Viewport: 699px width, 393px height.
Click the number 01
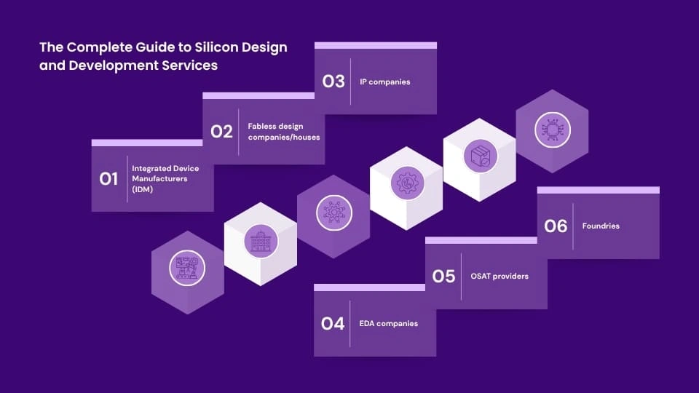(x=108, y=179)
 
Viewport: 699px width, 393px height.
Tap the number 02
(x=221, y=132)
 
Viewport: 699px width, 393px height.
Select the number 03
(x=333, y=81)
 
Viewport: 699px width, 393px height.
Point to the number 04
(x=333, y=323)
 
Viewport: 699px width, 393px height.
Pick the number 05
(x=443, y=277)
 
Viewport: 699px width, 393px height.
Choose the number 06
(x=556, y=226)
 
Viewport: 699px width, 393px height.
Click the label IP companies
(x=384, y=82)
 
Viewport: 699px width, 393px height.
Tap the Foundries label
(x=601, y=226)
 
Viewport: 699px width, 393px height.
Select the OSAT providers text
(x=499, y=277)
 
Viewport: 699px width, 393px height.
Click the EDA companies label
(x=388, y=323)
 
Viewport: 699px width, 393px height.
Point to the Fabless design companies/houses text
(x=283, y=132)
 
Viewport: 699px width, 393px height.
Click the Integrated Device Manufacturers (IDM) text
(x=165, y=179)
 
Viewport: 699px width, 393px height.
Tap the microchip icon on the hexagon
(x=553, y=130)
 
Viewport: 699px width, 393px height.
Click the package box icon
(x=480, y=156)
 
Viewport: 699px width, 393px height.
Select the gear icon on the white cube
(x=407, y=183)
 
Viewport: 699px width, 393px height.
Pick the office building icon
(x=261, y=241)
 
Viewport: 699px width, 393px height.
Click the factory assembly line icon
(x=187, y=269)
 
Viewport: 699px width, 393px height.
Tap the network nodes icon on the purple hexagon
(x=334, y=213)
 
